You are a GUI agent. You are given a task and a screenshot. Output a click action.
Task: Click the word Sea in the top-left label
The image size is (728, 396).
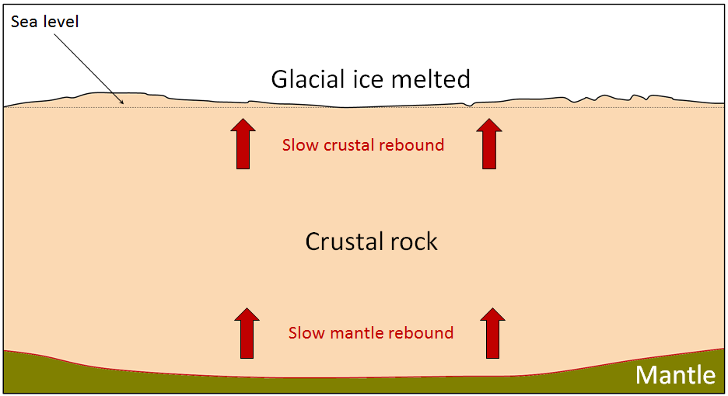tap(23, 21)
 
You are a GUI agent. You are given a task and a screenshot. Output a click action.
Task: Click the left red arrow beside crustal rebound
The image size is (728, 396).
tap(244, 144)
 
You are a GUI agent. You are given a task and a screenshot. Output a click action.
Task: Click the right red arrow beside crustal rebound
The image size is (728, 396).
tap(489, 144)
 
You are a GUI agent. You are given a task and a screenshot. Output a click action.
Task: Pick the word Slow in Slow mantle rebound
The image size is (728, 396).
tap(306, 333)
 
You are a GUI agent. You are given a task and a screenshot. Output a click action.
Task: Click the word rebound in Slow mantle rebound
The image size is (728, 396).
tap(425, 333)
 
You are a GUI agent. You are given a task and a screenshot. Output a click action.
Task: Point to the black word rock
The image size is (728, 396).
tap(410, 241)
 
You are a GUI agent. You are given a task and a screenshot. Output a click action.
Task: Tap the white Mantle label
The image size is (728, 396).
tap(675, 376)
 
